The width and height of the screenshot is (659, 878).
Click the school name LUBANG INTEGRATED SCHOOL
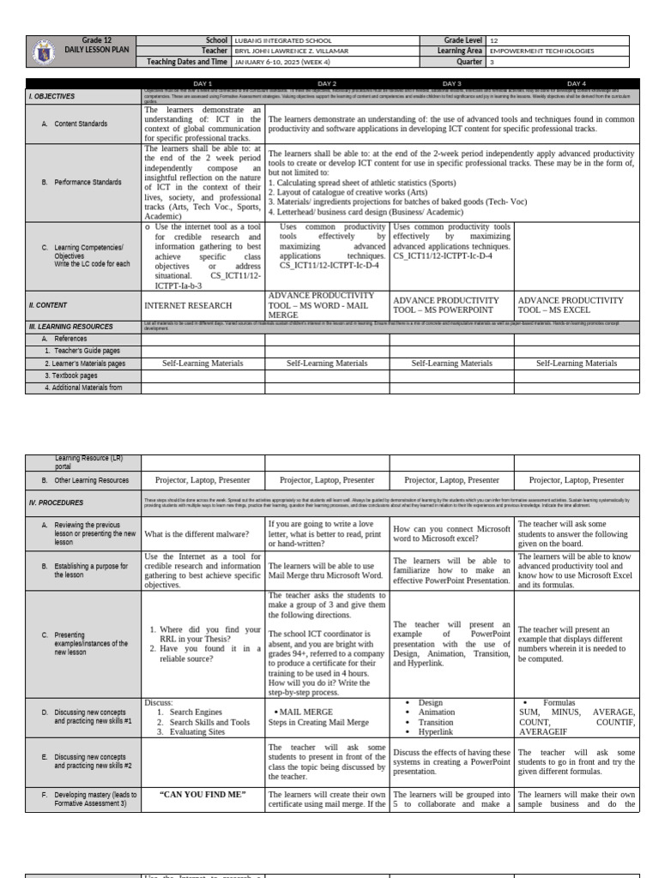pyautogui.click(x=282, y=40)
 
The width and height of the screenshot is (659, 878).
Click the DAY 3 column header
pyautogui.click(x=452, y=83)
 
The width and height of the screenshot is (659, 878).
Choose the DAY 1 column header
pyautogui.click(x=203, y=83)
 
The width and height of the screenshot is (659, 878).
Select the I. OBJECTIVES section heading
pyautogui.click(x=51, y=97)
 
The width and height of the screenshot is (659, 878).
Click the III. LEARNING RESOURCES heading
pyautogui.click(x=70, y=327)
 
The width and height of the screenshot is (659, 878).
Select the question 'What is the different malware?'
pyautogui.click(x=196, y=534)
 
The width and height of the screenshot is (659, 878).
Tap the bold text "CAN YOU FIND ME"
pyautogui.click(x=203, y=795)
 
